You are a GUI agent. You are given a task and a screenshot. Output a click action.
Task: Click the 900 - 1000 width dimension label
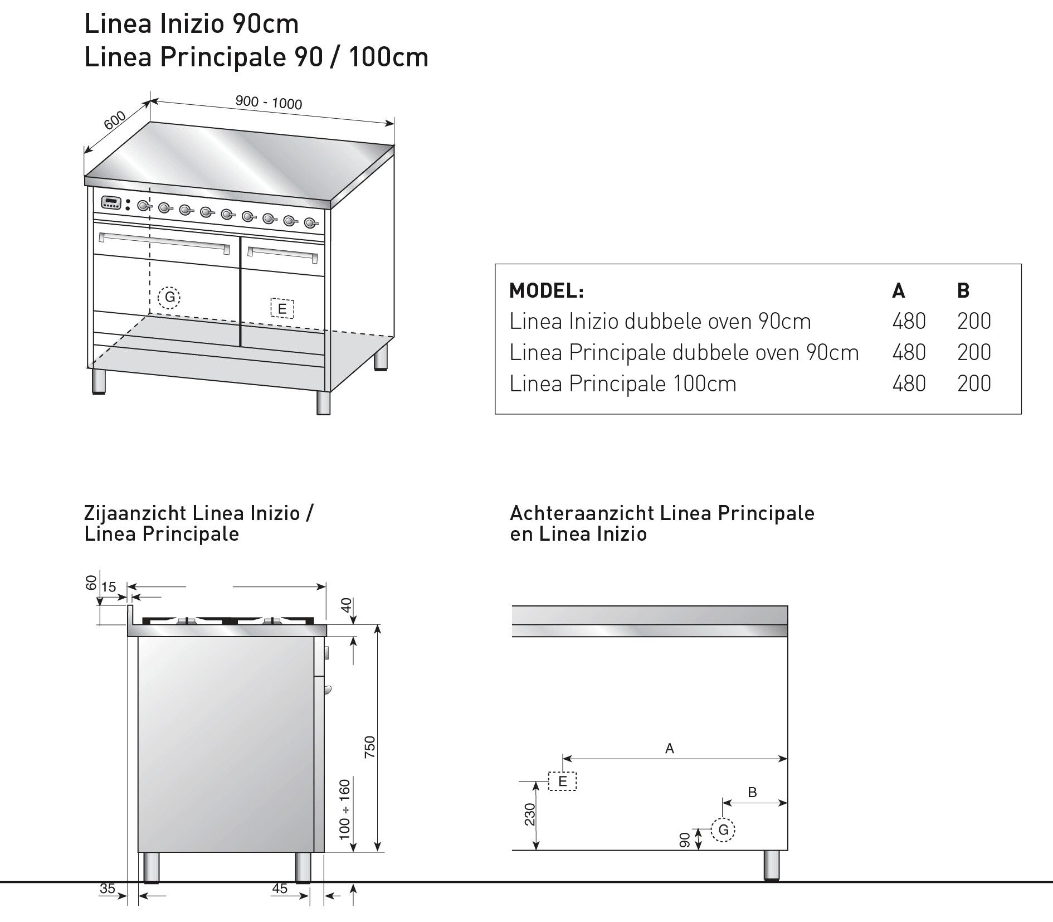pyautogui.click(x=269, y=103)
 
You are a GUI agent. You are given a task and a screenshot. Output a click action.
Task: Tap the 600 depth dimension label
pyautogui.click(x=114, y=120)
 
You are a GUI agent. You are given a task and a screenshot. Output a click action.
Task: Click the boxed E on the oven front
pyautogui.click(x=282, y=309)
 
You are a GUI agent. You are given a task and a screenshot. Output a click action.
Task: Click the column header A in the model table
pyautogui.click(x=898, y=290)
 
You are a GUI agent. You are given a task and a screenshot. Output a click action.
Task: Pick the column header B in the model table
pyautogui.click(x=963, y=290)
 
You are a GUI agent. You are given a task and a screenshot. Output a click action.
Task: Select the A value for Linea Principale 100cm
pyautogui.click(x=909, y=384)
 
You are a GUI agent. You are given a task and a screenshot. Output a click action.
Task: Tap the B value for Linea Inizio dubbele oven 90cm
pyautogui.click(x=974, y=321)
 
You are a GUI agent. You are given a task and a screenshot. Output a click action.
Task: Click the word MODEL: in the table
pyautogui.click(x=546, y=290)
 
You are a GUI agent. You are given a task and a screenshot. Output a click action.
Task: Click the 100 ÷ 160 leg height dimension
pyautogui.click(x=345, y=810)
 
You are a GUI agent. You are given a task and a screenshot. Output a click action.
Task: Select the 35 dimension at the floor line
pyautogui.click(x=107, y=888)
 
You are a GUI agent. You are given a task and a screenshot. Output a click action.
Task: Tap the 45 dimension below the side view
pyautogui.click(x=280, y=888)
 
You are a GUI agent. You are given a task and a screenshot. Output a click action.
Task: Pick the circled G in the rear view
pyautogui.click(x=723, y=830)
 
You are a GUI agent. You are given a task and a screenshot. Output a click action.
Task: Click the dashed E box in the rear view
pyautogui.click(x=562, y=782)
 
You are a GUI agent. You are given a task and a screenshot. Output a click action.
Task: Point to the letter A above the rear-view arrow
pyautogui.click(x=670, y=749)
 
